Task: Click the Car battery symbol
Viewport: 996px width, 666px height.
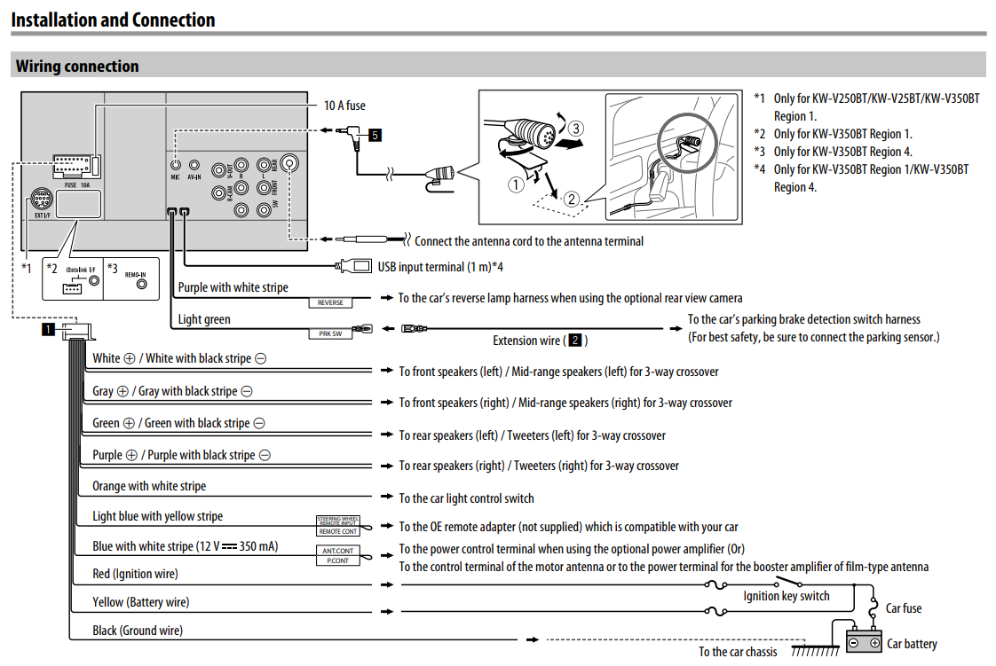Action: click(x=863, y=642)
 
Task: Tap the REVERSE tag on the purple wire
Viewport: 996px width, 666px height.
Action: click(x=330, y=302)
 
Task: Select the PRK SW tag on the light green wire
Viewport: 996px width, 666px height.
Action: click(x=330, y=334)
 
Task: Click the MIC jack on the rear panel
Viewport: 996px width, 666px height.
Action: click(x=176, y=165)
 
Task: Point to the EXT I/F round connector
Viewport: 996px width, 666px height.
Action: click(x=41, y=199)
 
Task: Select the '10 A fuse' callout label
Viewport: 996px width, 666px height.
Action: click(x=344, y=106)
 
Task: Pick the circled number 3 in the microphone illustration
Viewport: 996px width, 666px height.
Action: click(x=576, y=129)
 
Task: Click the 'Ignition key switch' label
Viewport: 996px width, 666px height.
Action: click(x=786, y=596)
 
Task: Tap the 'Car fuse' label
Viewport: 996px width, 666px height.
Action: click(x=904, y=608)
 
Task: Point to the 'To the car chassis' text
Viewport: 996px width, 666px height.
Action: click(x=737, y=652)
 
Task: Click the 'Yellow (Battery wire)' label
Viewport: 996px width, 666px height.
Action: click(x=140, y=602)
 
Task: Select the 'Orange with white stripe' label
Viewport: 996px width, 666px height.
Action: click(x=149, y=486)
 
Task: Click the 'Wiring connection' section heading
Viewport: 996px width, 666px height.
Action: click(x=77, y=67)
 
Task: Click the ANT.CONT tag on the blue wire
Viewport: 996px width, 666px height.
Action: click(x=337, y=551)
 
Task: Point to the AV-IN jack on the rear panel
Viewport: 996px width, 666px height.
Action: click(x=194, y=165)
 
